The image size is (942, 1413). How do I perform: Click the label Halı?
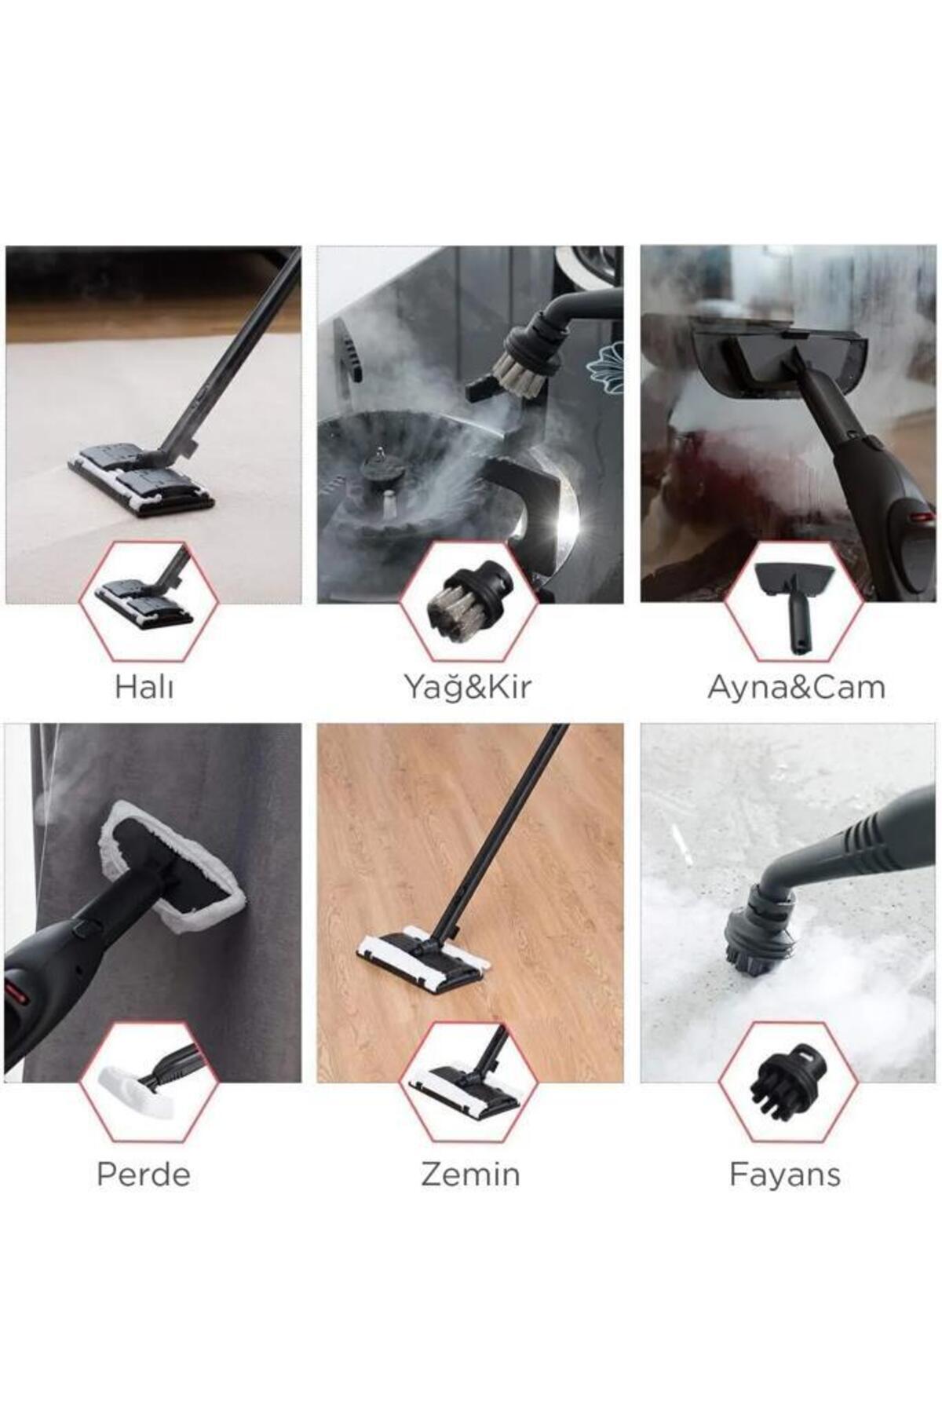coord(144,687)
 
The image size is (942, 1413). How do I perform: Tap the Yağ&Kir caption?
coord(468,687)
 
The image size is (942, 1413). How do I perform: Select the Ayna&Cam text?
coord(796,687)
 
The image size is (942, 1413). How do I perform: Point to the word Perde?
coord(144,1174)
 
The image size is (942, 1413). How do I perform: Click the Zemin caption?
coord(470,1174)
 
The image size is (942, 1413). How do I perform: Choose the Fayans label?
coord(785,1174)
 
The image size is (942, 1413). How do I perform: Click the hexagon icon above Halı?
coord(148,601)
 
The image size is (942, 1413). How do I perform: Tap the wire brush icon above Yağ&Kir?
coord(469,601)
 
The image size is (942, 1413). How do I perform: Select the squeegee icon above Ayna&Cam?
coord(793,601)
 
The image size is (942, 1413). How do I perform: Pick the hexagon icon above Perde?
coord(148,1082)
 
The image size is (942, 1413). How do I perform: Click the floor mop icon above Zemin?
coord(469,1082)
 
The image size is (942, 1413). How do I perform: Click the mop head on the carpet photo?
coord(141,479)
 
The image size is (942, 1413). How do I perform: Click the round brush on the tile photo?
coord(758,934)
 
